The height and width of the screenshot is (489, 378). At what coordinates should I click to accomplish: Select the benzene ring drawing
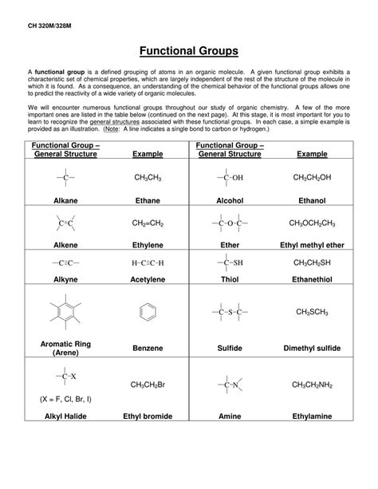(x=147, y=310)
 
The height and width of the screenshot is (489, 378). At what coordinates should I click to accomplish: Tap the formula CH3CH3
(x=147, y=177)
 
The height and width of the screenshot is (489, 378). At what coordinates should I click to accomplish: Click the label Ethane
(x=147, y=200)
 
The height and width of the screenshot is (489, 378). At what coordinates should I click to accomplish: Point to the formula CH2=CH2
(x=147, y=223)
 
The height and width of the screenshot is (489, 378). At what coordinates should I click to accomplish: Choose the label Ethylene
(x=147, y=246)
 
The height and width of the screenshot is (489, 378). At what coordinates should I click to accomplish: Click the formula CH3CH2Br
(x=147, y=385)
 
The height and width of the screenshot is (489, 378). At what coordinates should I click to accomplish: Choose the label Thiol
(x=229, y=281)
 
